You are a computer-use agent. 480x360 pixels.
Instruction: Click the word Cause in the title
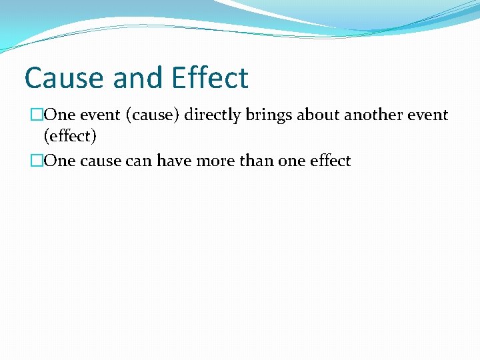65,78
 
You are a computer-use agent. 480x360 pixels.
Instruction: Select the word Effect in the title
209,78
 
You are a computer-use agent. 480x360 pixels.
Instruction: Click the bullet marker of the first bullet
36,115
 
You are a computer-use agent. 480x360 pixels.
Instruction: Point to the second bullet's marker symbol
36,161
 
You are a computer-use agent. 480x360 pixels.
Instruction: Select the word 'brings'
270,115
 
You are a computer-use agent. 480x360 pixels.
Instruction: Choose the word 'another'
373,115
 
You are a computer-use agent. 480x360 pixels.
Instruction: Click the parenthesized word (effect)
70,137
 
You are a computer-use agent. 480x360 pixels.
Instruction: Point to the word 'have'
173,161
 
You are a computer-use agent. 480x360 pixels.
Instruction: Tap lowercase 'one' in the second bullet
288,161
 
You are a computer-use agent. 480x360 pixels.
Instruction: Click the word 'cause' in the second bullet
99,161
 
